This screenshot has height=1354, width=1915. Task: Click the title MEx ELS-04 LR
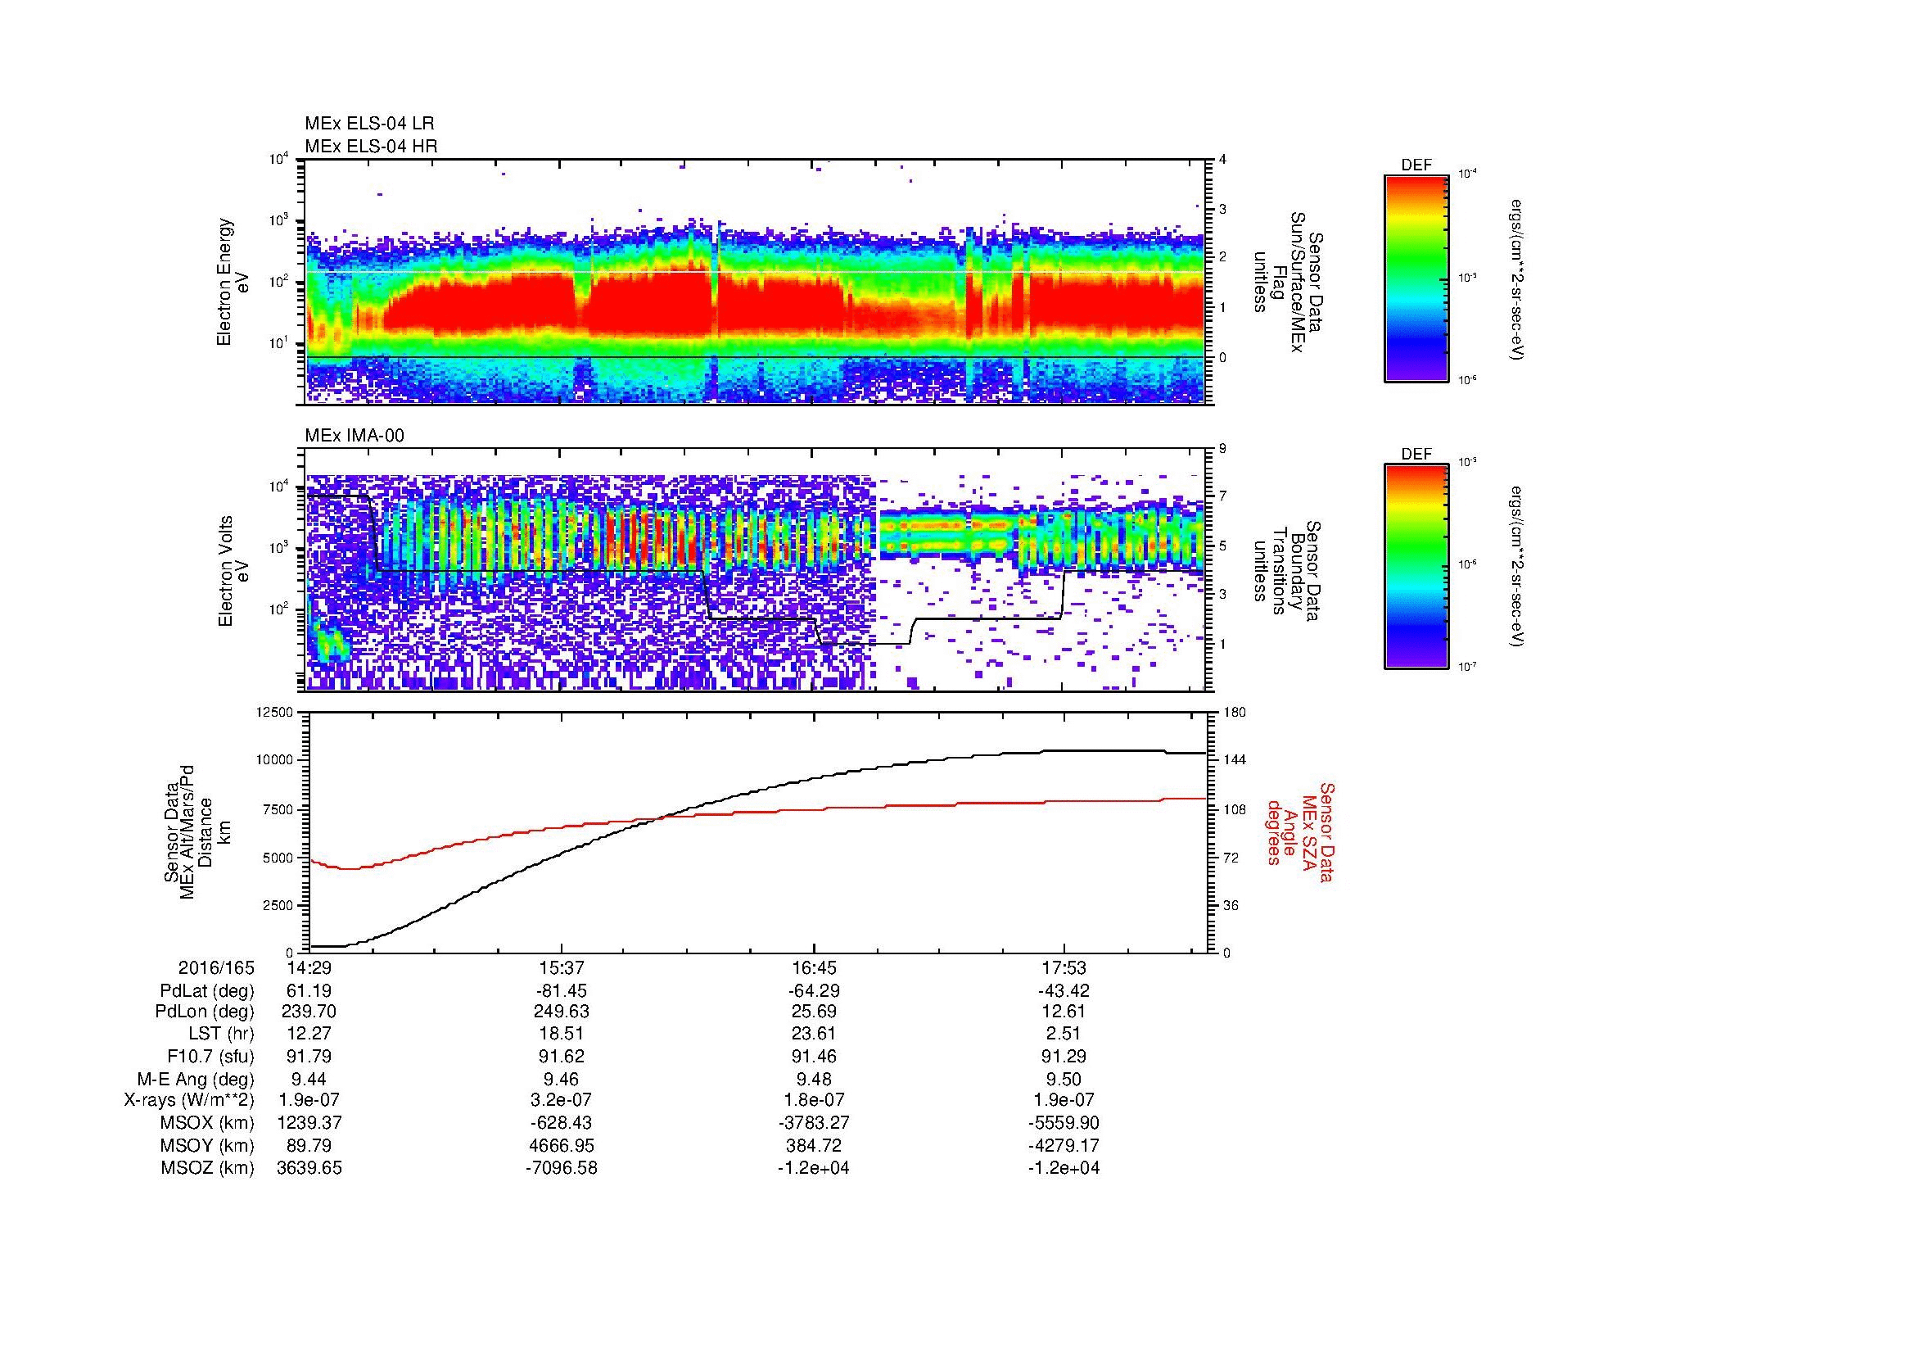coord(368,124)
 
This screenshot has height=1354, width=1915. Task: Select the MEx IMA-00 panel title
coord(354,436)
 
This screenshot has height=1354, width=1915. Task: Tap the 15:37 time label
coord(562,968)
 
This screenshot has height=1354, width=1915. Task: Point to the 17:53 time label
coord(1064,968)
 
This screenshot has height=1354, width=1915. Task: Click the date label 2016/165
coord(216,968)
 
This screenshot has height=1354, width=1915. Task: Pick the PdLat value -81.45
coord(562,991)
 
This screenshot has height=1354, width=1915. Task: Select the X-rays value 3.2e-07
coord(562,1100)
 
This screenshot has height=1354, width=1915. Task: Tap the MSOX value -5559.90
coord(1064,1123)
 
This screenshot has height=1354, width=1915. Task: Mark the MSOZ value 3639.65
coord(309,1168)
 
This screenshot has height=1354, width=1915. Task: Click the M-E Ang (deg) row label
coord(195,1079)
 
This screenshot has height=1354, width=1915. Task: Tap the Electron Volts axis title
coord(225,572)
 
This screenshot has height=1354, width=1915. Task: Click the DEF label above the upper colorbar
coord(1416,165)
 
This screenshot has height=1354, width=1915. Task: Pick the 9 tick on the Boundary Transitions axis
coord(1222,449)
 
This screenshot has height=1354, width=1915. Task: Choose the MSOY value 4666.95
coord(562,1145)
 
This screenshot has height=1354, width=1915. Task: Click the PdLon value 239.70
coord(309,1012)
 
